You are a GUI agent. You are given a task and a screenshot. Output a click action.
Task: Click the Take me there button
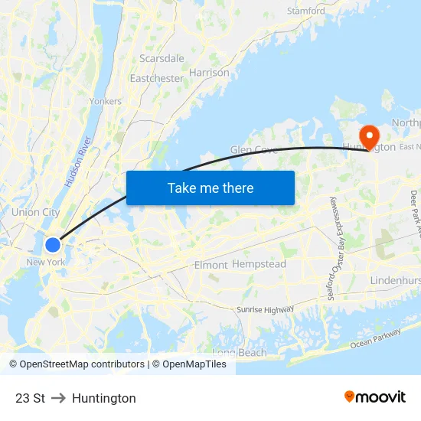(x=210, y=188)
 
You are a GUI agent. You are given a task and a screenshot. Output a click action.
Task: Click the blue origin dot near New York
(x=52, y=245)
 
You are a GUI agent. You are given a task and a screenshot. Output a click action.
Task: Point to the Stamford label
(x=306, y=11)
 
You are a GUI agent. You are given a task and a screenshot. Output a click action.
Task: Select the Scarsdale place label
(x=162, y=58)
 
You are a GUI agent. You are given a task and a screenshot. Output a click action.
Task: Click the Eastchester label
(x=156, y=78)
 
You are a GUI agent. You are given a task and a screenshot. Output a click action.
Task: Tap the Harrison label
(x=209, y=73)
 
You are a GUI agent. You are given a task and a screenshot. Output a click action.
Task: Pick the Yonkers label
(x=106, y=101)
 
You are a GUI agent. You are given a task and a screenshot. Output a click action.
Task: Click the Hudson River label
(x=78, y=162)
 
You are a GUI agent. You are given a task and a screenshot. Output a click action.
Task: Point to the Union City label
(x=35, y=212)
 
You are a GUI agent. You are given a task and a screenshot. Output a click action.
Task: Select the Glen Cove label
(x=253, y=150)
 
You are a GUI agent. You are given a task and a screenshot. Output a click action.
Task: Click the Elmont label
(x=210, y=265)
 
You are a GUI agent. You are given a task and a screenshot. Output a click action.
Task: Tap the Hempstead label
(x=259, y=264)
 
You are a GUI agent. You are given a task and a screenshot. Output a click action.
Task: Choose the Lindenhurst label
(x=395, y=281)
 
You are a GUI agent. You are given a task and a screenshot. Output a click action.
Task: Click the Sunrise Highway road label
(x=264, y=309)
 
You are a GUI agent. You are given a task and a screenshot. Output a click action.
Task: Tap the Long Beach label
(x=240, y=353)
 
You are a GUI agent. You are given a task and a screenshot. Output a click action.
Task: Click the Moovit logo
(x=375, y=397)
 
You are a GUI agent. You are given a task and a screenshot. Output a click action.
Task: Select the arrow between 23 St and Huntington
(x=58, y=398)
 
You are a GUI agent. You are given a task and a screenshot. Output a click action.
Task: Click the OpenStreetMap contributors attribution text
(x=77, y=364)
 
